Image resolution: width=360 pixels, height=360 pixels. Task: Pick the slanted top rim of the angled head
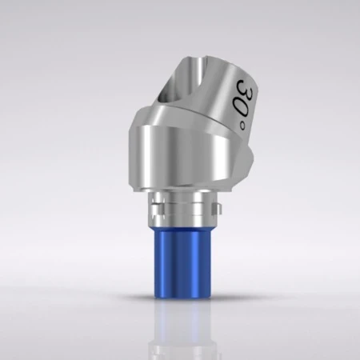216,58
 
